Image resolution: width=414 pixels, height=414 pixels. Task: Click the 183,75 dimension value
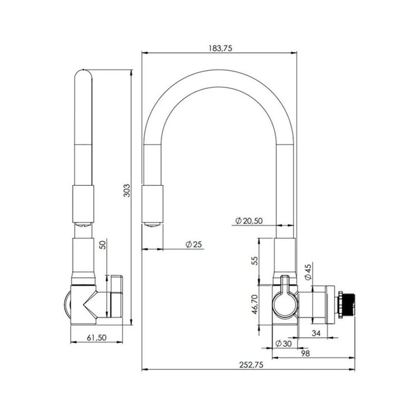pyautogui.click(x=219, y=48)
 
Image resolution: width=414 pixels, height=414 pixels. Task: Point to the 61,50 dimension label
pyautogui.click(x=97, y=337)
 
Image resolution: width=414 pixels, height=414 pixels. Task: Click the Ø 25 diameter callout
pyautogui.click(x=194, y=244)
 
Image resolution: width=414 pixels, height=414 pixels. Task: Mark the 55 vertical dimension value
pyautogui.click(x=255, y=260)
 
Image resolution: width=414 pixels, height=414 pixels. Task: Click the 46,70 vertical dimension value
pyautogui.click(x=255, y=304)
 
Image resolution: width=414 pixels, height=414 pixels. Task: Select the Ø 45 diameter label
pyautogui.click(x=308, y=272)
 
